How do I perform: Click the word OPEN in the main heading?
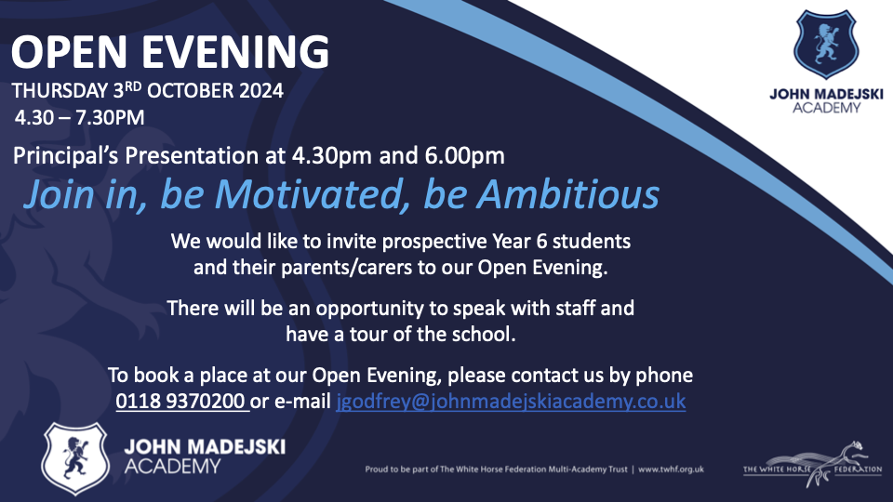point(69,52)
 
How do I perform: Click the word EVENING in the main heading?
point(234,52)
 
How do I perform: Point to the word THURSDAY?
point(60,91)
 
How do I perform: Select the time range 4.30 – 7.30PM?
point(80,118)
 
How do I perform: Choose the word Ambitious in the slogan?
point(567,194)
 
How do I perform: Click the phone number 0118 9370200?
point(180,402)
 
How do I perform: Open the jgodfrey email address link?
point(511,402)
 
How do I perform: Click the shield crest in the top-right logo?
point(825,45)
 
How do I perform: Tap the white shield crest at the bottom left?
point(75,458)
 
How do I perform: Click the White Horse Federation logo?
point(813,465)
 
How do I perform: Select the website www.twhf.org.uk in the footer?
point(671,469)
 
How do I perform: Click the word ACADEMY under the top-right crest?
point(826,108)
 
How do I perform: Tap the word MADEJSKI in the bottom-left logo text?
point(238,447)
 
